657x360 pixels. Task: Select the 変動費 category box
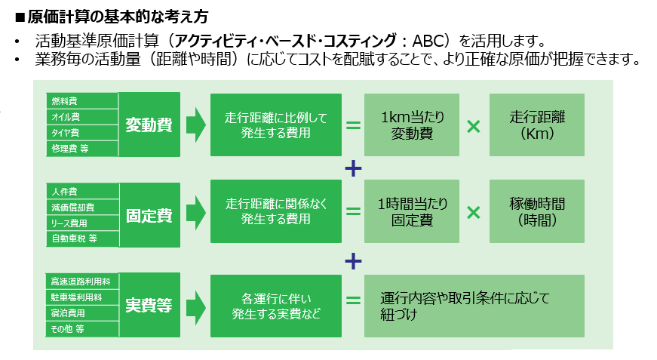pyautogui.click(x=149, y=125)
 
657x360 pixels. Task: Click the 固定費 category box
pyautogui.click(x=149, y=215)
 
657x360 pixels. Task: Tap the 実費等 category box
pyautogui.click(x=149, y=305)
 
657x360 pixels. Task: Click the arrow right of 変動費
pyautogui.click(x=195, y=125)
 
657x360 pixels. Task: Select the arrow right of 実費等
pyautogui.click(x=195, y=305)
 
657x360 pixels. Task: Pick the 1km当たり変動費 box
pyautogui.click(x=410, y=125)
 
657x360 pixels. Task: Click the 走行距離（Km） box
pyautogui.click(x=536, y=125)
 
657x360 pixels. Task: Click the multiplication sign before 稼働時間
pyautogui.click(x=473, y=214)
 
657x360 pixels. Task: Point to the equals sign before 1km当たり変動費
pyautogui.click(x=353, y=125)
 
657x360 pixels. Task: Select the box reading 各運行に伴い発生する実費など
pyautogui.click(x=276, y=305)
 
